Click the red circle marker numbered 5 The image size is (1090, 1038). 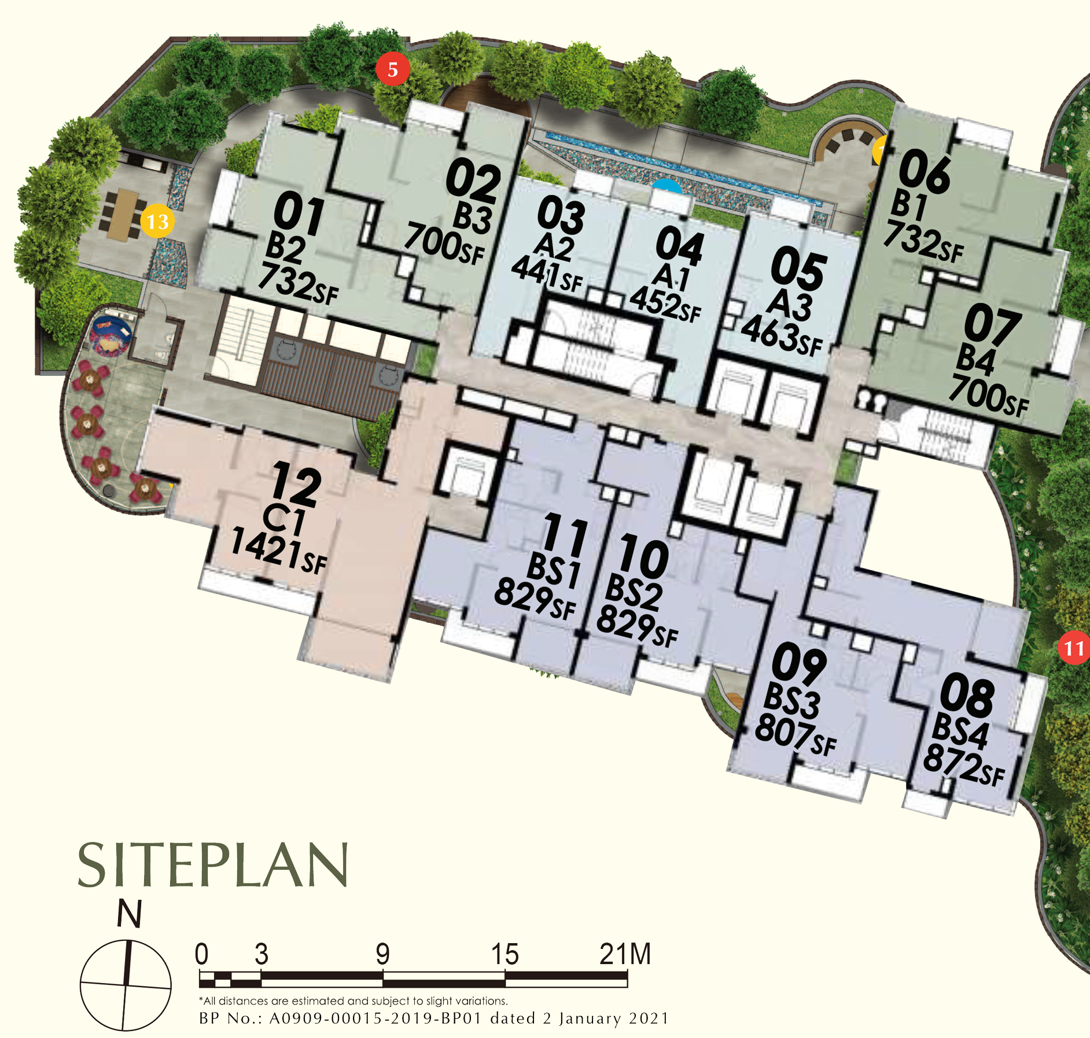click(x=393, y=69)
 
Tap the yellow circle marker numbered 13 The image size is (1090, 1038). click(x=157, y=221)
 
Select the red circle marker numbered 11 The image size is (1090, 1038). click(x=1074, y=648)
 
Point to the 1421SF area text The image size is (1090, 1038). click(x=279, y=551)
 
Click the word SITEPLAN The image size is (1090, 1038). click(x=213, y=865)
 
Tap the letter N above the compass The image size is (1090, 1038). click(x=129, y=914)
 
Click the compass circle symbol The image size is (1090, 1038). click(x=126, y=985)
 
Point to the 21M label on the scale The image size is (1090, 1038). click(x=625, y=954)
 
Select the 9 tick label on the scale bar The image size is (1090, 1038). click(x=382, y=954)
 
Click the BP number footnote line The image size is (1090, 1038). click(x=433, y=1018)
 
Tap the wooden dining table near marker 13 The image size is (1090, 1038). click(x=122, y=214)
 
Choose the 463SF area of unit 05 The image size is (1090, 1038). click(x=782, y=335)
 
